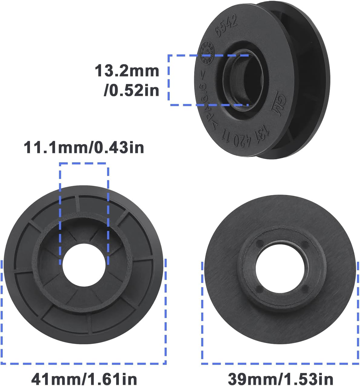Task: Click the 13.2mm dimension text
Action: pyautogui.click(x=127, y=71)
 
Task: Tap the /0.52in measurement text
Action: pyautogui.click(x=131, y=90)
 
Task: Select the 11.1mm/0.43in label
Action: pyautogui.click(x=84, y=148)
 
